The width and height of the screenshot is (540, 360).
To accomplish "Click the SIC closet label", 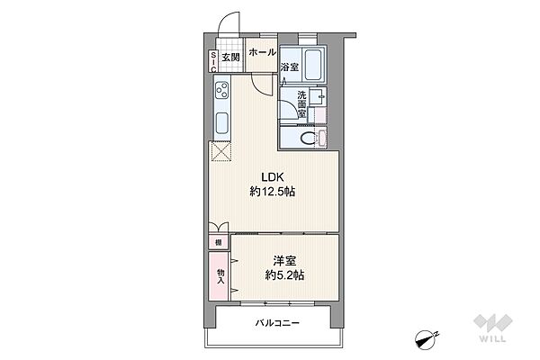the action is point(213,62).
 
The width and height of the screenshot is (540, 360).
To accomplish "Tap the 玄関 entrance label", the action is point(230,58).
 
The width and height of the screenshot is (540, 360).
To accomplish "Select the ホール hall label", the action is point(262,52).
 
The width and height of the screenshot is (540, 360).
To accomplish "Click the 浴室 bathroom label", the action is point(289,67).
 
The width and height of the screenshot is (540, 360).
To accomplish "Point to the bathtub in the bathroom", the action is point(314,65).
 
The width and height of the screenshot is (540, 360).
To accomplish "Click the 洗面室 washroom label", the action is point(301,104).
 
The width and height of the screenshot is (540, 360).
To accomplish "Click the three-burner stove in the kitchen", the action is point(221,90).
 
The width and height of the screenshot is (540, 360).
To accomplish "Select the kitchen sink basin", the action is point(221,123).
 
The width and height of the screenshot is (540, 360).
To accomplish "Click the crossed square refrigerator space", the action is point(220,151).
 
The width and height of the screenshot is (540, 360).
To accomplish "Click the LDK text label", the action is point(272,177).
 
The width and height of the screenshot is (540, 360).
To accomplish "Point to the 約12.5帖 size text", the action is point(272,192).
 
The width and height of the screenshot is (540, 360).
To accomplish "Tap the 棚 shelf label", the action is point(219,242).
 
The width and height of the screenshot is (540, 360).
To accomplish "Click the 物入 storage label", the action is point(220,276).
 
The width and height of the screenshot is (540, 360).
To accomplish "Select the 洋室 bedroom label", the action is point(284,261).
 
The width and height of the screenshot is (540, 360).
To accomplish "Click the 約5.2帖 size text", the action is point(284,275).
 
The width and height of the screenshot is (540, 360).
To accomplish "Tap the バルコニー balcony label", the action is point(277,323).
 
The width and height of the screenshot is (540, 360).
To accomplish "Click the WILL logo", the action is point(493,328).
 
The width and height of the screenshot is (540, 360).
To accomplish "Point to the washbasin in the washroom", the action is point(317,97).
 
